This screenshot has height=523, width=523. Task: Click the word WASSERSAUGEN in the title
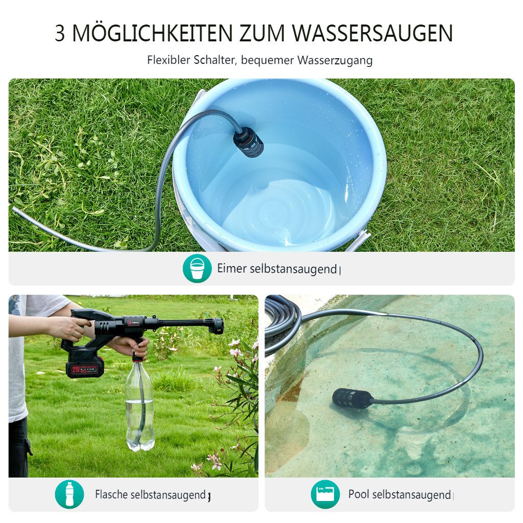point(373,33)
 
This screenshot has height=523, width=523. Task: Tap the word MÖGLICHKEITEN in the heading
point(151,33)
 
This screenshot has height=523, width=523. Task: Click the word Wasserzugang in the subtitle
point(335,60)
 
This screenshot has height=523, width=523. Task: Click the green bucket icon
point(197,268)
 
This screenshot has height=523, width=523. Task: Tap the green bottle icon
point(69,494)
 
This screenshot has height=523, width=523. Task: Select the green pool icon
point(325,494)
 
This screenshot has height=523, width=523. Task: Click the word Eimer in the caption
point(232,269)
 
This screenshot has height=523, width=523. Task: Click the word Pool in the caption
point(359,494)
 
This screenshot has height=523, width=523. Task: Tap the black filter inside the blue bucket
point(249,142)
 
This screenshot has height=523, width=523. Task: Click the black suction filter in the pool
point(352,398)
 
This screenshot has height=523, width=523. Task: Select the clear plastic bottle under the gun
point(139,406)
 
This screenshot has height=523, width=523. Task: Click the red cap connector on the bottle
point(136,356)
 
